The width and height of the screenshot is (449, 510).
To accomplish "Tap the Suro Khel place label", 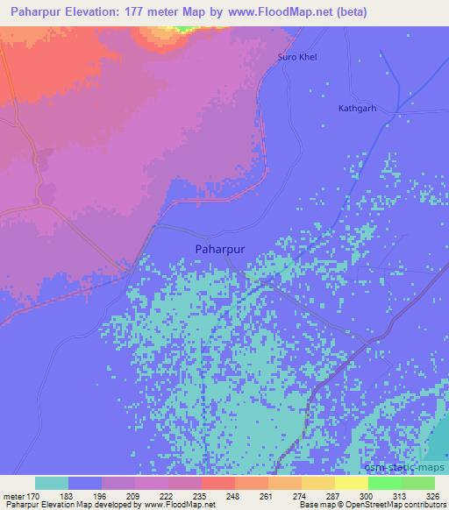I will [296, 57].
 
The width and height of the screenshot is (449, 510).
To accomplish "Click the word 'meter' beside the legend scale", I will [12, 495].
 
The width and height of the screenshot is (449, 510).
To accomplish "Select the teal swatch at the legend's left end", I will [52, 483].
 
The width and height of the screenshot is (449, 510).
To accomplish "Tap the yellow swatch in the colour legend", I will [352, 483].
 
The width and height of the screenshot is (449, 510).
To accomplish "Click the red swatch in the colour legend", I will [218, 483].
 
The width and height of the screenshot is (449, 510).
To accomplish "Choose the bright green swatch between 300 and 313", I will [385, 483].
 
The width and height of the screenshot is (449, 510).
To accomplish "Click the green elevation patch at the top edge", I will [183, 28].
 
